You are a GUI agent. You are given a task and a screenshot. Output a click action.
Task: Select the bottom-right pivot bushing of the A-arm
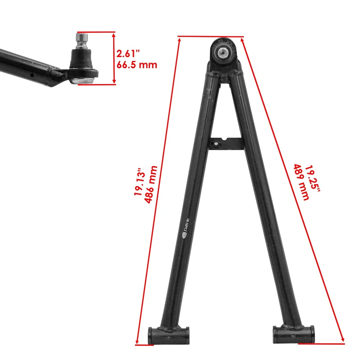293,331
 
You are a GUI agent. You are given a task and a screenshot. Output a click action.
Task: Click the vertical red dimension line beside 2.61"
114,58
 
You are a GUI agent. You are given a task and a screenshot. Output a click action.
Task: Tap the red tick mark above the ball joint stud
96,32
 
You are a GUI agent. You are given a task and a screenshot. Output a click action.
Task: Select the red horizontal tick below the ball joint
97,84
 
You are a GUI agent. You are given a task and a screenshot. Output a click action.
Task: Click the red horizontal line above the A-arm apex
211,37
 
